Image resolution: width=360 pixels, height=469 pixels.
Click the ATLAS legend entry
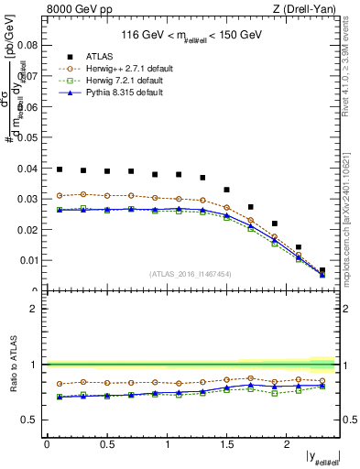point(98,55)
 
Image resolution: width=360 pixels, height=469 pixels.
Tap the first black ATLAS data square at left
point(59,169)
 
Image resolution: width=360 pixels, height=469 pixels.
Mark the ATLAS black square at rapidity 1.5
point(226,190)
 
